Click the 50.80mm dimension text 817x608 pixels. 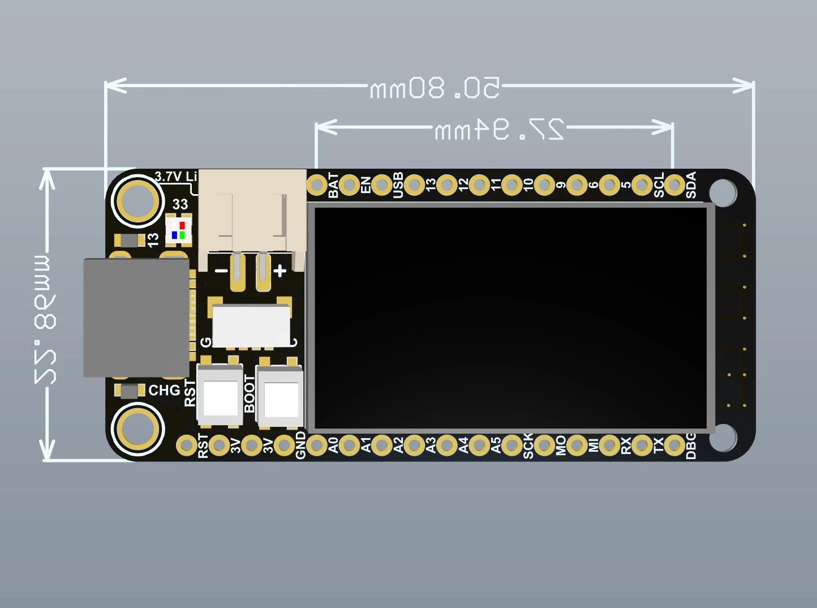coord(435,88)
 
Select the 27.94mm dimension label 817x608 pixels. coord(499,130)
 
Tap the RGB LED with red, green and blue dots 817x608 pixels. coord(179,230)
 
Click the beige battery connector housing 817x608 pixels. coord(252,211)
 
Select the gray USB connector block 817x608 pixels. coord(136,318)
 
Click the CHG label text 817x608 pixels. coord(164,391)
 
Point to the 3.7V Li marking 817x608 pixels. coord(176,177)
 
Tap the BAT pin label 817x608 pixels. coord(333,186)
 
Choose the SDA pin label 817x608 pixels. coord(691,185)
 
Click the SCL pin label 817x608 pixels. coord(659,185)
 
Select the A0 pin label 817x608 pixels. coord(333,446)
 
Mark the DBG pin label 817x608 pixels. coord(691,446)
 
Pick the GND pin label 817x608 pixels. coord(300,446)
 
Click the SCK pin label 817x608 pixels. coord(528,446)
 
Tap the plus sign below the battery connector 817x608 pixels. coord(280,271)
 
